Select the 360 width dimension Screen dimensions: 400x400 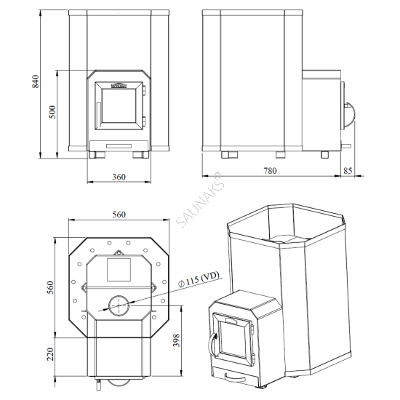click(x=119, y=177)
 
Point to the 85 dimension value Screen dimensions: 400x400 click(x=347, y=171)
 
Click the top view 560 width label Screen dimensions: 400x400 click(x=120, y=214)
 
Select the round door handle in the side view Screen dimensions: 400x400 click(x=351, y=113)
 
